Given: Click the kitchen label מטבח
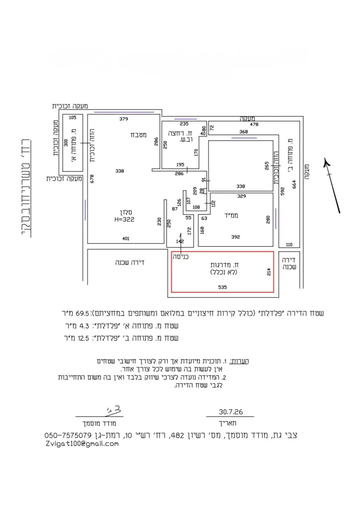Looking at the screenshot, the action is pos(138,135).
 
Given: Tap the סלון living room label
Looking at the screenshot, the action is pos(126,212).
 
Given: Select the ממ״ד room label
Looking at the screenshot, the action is pos(231,215).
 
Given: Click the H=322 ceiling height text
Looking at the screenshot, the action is pos(124,219).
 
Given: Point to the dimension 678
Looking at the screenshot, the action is pos(92,179).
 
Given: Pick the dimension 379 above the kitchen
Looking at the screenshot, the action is pos(124,119).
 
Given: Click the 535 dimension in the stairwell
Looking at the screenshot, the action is pos(222,287).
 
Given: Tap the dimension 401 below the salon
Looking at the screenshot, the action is pos(126,238).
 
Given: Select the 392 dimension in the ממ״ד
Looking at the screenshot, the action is pos(236,237).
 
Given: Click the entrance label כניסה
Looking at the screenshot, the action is pos(180,257).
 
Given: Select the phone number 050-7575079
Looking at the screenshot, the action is pos(68,435).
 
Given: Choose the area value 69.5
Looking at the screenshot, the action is pos(82,313).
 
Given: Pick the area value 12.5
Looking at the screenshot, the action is pos(83,338).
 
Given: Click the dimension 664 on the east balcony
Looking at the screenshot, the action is pos(294,184).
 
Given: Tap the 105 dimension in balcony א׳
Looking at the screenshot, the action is pos(72,117).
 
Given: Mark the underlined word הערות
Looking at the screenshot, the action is pos(239,361).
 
